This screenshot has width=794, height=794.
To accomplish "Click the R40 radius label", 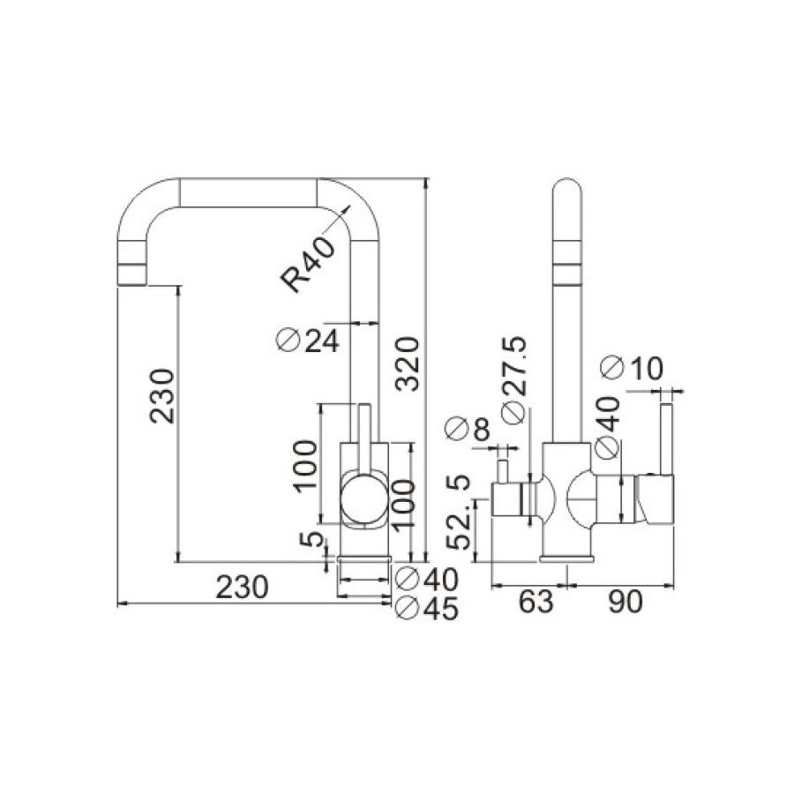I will tap(310, 264).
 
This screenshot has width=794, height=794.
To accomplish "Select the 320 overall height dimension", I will tap(408, 361).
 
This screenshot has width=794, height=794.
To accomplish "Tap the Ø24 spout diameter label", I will tap(308, 340).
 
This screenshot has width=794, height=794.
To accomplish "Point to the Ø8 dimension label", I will tap(468, 430).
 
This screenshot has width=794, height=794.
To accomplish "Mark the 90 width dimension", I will tap(625, 602).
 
